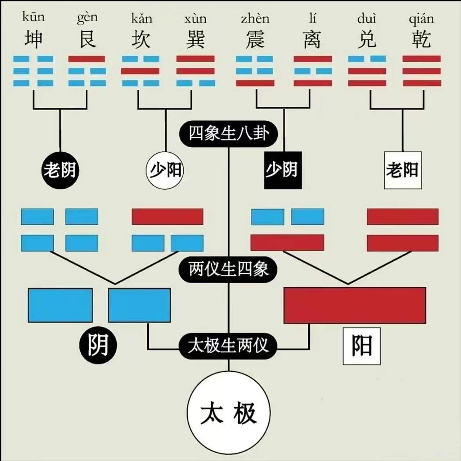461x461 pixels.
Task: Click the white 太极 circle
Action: click(229, 413)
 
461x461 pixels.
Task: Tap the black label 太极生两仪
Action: click(228, 345)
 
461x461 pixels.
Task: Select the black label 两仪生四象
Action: click(228, 269)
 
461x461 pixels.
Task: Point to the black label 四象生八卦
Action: click(228, 134)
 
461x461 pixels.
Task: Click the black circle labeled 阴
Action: click(98, 345)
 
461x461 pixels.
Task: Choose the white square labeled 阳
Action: click(362, 346)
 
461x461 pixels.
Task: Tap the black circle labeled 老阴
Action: click(60, 170)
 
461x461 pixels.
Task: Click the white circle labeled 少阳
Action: click(165, 170)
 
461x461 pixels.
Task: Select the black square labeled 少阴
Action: click(283, 170)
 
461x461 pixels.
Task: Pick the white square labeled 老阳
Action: click(403, 170)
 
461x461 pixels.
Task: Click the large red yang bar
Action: click(355, 305)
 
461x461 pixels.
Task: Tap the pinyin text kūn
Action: click(33, 17)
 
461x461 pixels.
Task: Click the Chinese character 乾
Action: click(421, 39)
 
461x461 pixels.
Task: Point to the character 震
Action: click(255, 39)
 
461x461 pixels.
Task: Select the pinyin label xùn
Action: click(196, 18)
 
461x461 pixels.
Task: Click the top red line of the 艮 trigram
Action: click(87, 59)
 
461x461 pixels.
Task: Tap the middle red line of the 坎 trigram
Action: click(140, 71)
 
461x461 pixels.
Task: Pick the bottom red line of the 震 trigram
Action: click(255, 83)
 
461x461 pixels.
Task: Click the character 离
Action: click(312, 39)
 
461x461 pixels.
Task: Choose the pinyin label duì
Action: click(367, 18)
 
